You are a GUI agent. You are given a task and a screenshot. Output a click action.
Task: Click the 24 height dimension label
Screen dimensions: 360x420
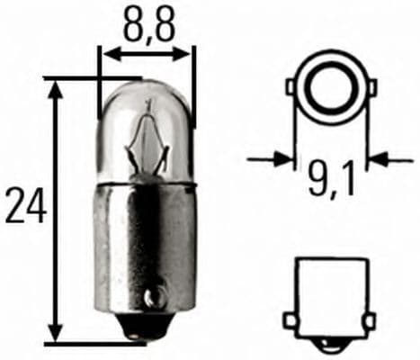[24, 206]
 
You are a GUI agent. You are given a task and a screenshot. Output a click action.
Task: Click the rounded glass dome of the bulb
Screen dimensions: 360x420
[147, 99]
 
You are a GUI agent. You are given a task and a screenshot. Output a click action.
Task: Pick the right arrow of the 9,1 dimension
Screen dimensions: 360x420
[376, 160]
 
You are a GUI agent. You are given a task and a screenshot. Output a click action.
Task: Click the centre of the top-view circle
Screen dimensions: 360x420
[329, 87]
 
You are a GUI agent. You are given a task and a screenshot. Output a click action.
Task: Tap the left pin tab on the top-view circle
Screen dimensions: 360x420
[292, 87]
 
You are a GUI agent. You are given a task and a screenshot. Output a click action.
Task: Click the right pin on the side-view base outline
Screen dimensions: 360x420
[367, 320]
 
